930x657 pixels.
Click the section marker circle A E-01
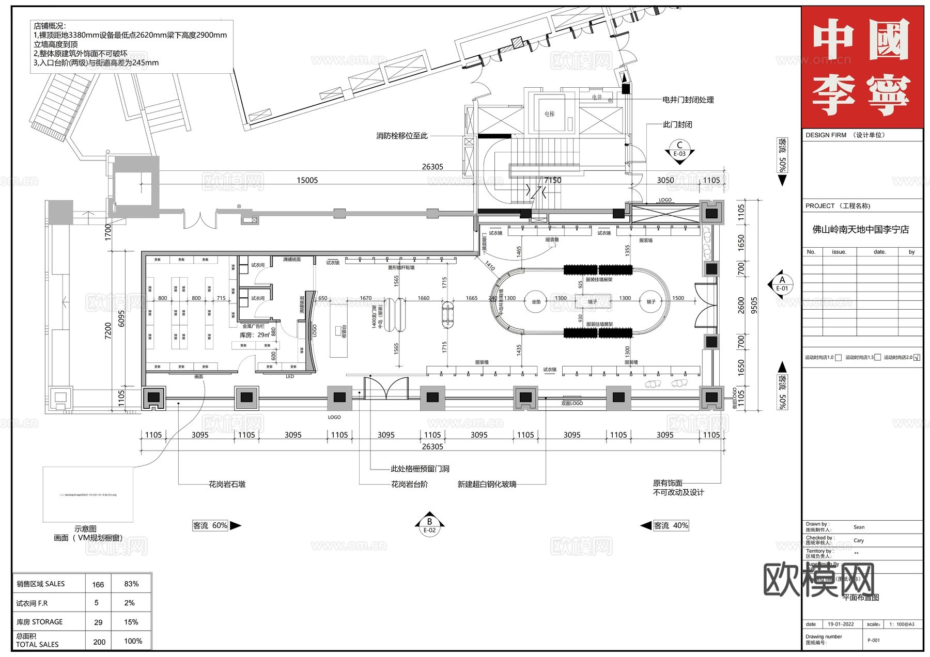pos(782,284)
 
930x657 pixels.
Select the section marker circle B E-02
pos(429,525)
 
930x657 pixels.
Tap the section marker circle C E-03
pos(679,149)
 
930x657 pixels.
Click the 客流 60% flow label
pos(210,525)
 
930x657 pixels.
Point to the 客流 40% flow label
pos(671,525)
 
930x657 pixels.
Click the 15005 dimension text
pos(307,180)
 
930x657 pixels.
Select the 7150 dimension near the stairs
pos(552,180)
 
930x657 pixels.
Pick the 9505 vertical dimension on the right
pos(754,305)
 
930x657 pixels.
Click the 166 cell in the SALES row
pos(98,584)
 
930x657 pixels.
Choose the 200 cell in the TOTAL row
pos(99,642)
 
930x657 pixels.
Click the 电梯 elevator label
pos(549,114)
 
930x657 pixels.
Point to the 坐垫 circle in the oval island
pos(536,302)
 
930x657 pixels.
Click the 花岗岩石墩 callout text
pos(227,484)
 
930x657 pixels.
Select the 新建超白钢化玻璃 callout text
pos(487,484)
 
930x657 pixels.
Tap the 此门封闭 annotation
pos(677,124)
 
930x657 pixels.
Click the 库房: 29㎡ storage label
pos(255,335)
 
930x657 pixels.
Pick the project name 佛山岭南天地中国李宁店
pos(860,229)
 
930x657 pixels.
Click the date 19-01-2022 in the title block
pos(841,624)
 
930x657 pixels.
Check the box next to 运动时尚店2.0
pos(917,357)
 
